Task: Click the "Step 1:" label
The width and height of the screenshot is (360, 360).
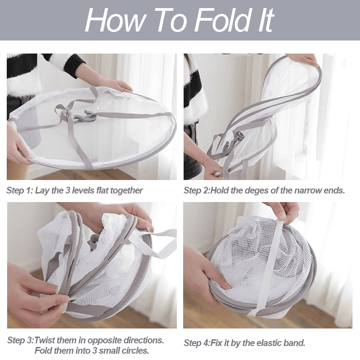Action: (20, 190)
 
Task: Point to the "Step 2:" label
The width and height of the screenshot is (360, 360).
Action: (197, 190)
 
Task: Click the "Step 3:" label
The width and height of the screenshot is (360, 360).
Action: (21, 340)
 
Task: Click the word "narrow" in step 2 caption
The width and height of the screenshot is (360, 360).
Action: (308, 191)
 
